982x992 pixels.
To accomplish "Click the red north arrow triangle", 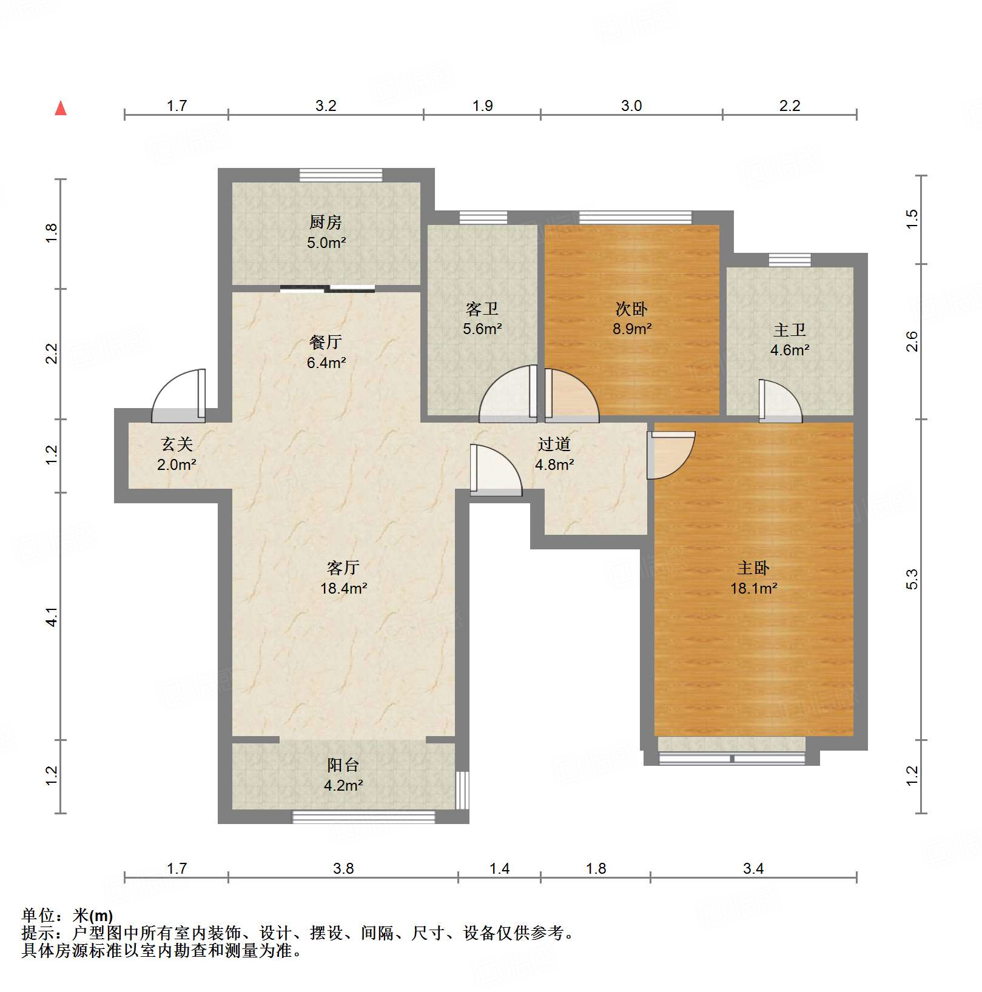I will tap(61, 109).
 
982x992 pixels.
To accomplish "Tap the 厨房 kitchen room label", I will tap(326, 223).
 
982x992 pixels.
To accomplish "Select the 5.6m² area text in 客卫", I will tap(482, 329).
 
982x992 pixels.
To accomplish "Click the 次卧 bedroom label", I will tap(631, 309).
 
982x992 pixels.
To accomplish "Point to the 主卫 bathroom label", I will tap(790, 330).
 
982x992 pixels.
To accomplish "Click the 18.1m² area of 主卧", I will tap(753, 588).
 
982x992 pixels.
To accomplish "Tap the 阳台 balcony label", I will tap(343, 765).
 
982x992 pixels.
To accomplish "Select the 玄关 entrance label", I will tap(177, 444).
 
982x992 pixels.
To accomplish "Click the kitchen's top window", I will tap(341, 175).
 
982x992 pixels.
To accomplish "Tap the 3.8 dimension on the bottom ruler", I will tap(343, 868).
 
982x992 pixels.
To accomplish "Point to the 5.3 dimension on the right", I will tap(912, 580).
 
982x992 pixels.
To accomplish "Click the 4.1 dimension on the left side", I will tap(52, 617).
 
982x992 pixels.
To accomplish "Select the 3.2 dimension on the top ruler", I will tap(326, 106).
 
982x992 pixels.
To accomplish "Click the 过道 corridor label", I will tap(554, 444).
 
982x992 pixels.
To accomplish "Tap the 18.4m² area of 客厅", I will tap(343, 588).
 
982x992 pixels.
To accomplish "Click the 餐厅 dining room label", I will tap(326, 343).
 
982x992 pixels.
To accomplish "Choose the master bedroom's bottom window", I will tap(731, 758).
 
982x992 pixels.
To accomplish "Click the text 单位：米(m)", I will tap(67, 915).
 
